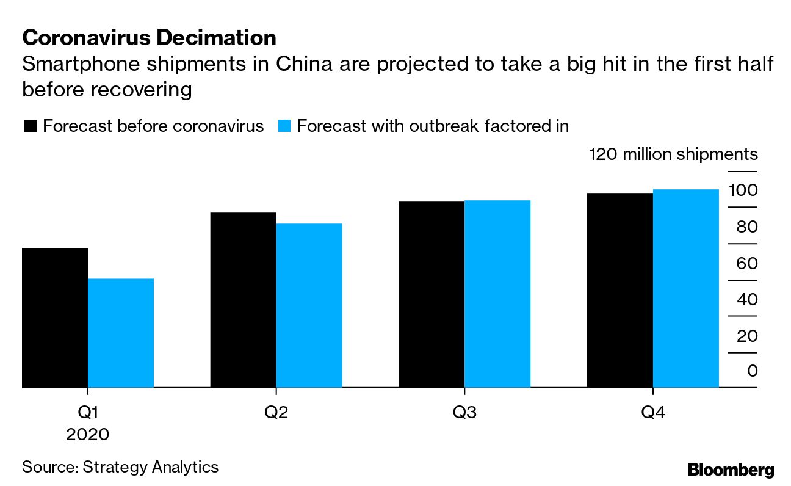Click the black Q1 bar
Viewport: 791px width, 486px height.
pos(55,317)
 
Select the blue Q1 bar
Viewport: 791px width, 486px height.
pos(121,333)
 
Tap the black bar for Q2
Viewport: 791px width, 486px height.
pos(243,300)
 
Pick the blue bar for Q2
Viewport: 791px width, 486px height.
pos(309,305)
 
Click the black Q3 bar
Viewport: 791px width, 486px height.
pos(432,294)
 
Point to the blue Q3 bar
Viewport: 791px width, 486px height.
pos(497,294)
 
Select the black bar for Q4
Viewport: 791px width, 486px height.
pos(620,290)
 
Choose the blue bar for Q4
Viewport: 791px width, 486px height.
pos(686,288)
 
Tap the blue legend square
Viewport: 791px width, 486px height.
pos(284,126)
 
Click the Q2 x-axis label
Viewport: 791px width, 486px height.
pos(276,413)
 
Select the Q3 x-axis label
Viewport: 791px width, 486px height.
pos(464,413)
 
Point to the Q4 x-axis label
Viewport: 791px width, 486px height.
pos(652,413)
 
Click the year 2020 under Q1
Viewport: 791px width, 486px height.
pos(88,435)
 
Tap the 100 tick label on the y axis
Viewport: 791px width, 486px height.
pos(743,190)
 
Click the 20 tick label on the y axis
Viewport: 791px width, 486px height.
pos(746,336)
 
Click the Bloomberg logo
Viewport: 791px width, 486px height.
pos(731,470)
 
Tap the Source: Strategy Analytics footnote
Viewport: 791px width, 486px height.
pos(120,467)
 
